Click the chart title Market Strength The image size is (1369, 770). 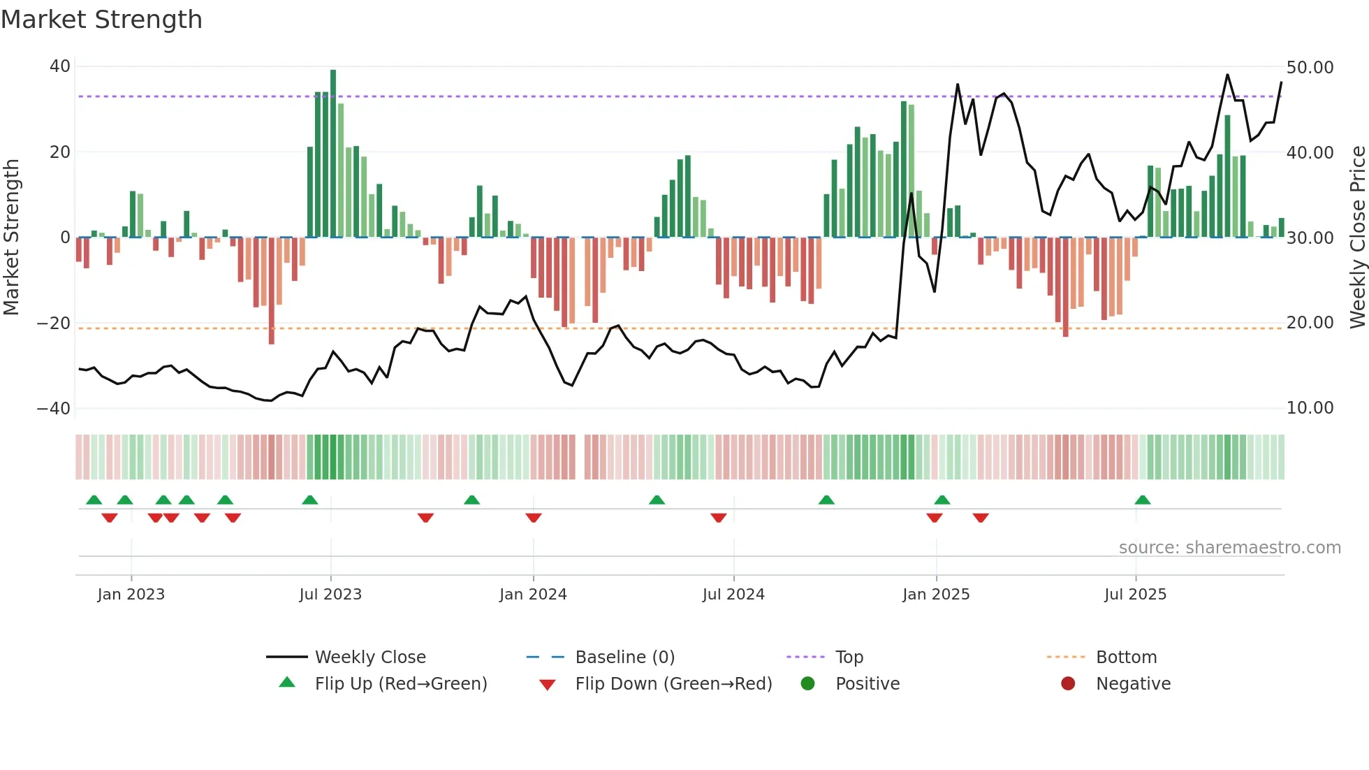pos(101,20)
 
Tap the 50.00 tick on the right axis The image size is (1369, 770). pos(1310,68)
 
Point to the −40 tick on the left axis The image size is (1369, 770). pos(53,409)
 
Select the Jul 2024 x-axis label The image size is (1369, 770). pos(733,595)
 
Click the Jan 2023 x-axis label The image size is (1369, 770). pos(131,595)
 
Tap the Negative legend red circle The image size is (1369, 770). pos(1068,683)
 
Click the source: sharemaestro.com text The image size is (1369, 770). pos(1229,548)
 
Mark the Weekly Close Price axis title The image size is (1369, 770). pos(1357,238)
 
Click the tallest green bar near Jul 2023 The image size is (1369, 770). pos(333,154)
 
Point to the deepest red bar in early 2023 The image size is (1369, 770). pos(272,290)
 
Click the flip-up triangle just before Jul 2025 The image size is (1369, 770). pos(1143,500)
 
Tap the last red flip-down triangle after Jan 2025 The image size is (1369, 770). pos(981,518)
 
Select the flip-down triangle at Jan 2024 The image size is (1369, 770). pos(534,518)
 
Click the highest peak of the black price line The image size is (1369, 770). pos(1227,75)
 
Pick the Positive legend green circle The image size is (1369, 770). pos(807,683)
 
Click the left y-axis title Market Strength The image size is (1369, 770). pos(12,238)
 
